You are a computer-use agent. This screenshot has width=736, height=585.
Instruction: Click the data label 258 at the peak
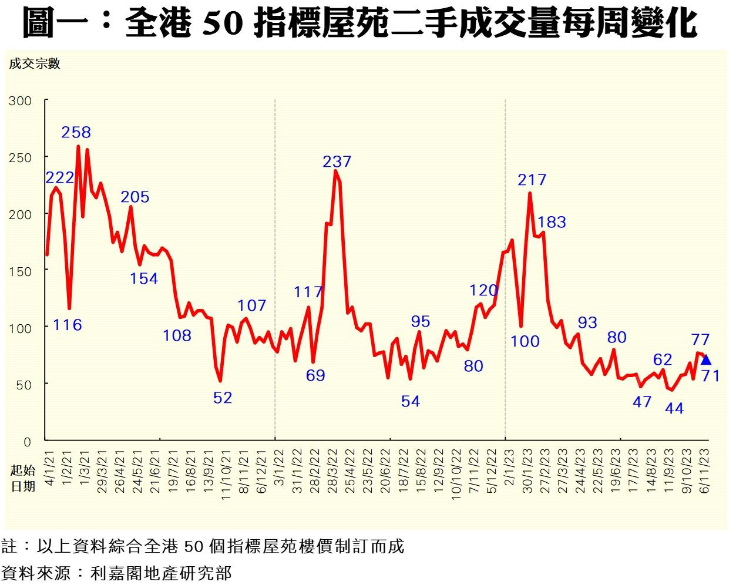tap(76, 132)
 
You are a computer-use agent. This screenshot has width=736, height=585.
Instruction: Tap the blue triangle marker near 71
tap(706, 360)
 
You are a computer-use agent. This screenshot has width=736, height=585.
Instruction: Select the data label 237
tap(337, 161)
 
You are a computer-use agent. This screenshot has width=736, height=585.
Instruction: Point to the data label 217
tap(532, 180)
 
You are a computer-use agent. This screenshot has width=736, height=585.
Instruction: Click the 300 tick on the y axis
tap(20, 101)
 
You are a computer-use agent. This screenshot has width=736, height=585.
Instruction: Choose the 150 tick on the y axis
tap(20, 271)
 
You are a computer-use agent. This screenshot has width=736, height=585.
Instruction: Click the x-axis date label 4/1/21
tap(50, 464)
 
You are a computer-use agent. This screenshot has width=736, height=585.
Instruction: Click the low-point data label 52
tap(222, 398)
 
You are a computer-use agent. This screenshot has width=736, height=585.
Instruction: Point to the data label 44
tap(674, 408)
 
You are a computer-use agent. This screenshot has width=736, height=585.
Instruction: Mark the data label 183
tap(552, 222)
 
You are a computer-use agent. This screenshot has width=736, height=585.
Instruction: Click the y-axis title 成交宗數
tap(35, 64)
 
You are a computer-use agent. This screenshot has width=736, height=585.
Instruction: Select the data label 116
tap(67, 324)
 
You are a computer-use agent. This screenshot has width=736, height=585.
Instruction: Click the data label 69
tap(315, 375)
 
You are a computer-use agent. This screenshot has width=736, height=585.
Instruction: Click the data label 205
tap(135, 197)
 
